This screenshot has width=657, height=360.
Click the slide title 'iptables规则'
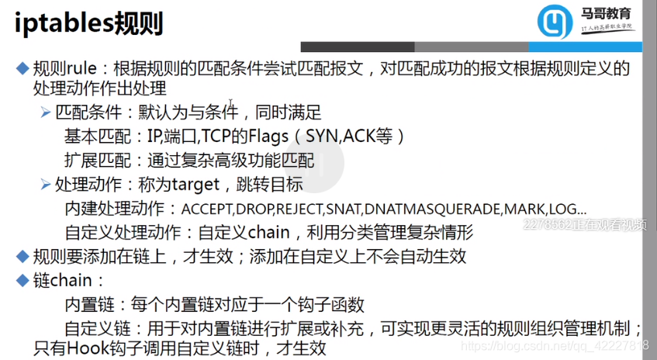coord(88,24)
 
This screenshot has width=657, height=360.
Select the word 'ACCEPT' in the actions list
coord(206,209)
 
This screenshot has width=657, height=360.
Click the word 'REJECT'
coord(298,209)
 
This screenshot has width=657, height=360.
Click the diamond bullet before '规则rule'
coord(22,68)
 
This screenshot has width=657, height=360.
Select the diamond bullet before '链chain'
coord(22,279)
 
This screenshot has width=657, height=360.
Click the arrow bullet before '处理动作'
coord(46,185)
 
